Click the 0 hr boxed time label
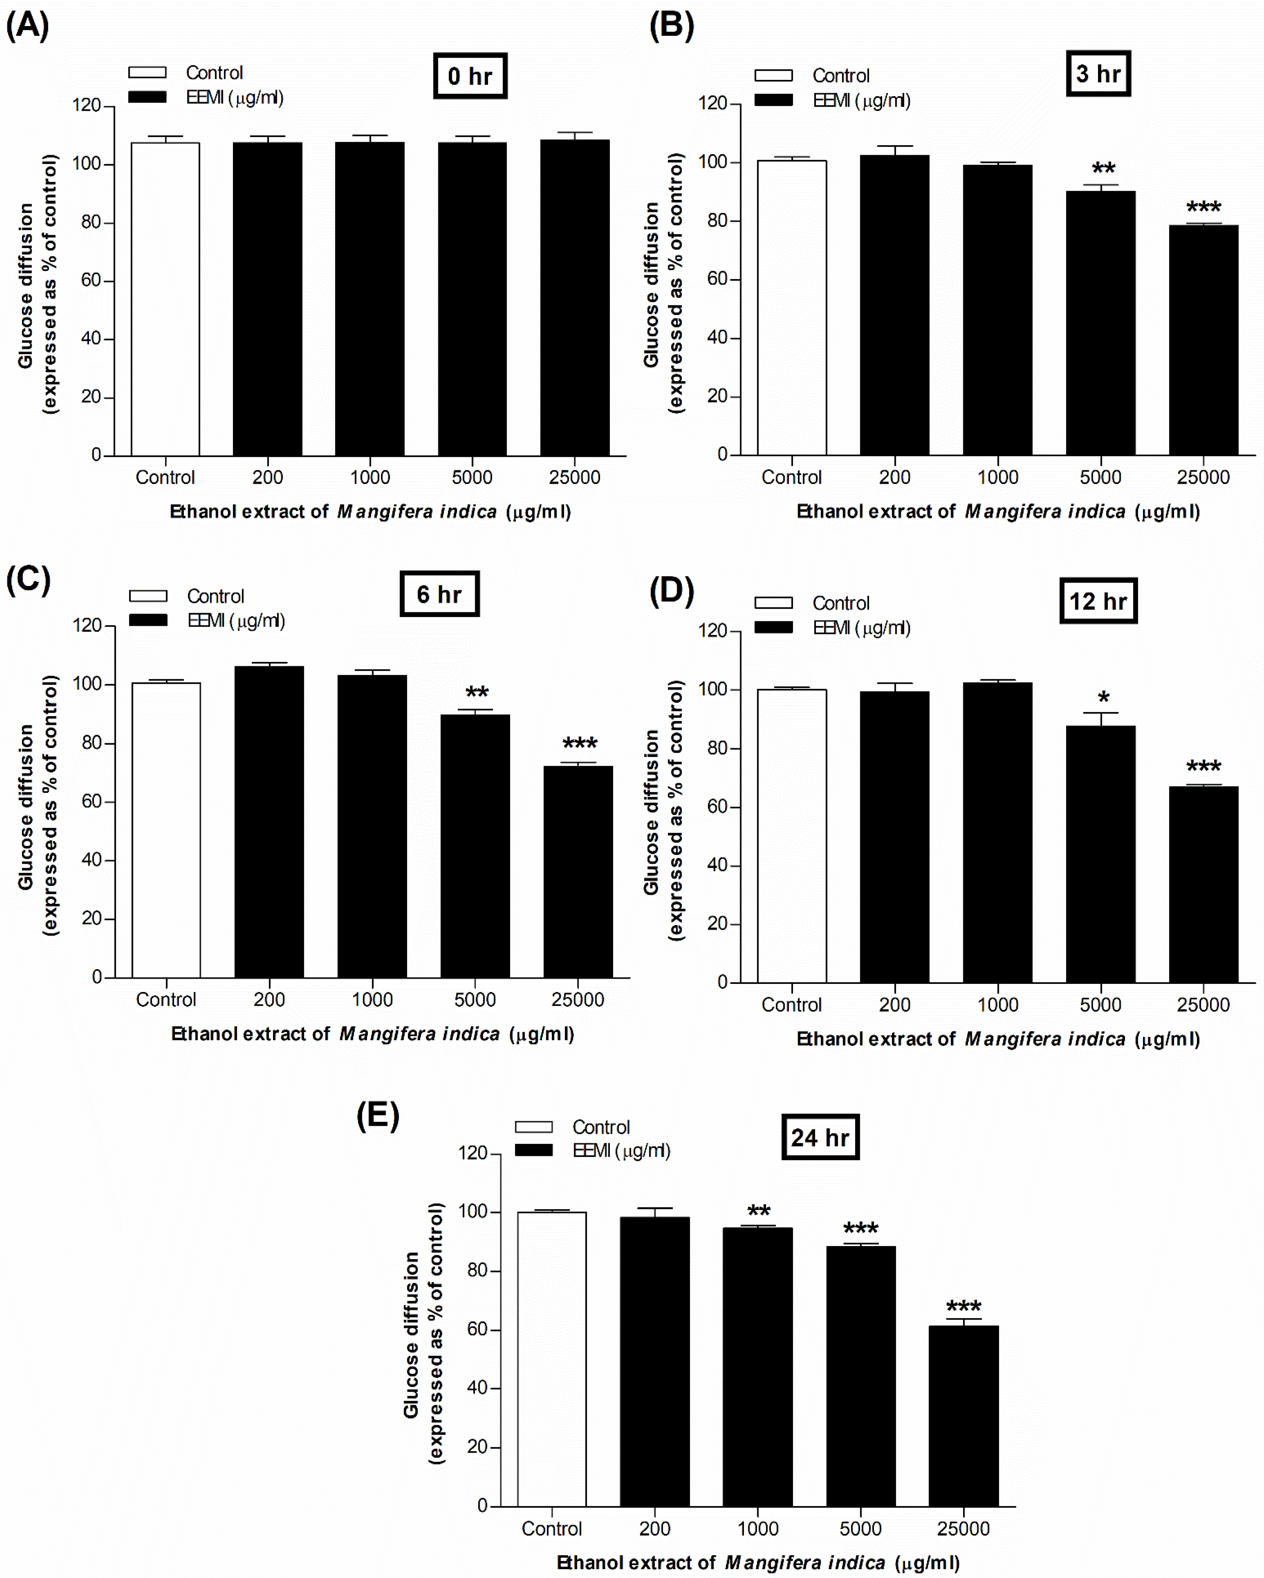point(470,76)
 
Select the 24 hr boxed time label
point(820,1137)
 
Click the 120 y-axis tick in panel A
point(86,105)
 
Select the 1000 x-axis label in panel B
point(998,477)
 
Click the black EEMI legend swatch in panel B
point(774,100)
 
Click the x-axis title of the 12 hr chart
point(998,1039)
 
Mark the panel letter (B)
point(671,26)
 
